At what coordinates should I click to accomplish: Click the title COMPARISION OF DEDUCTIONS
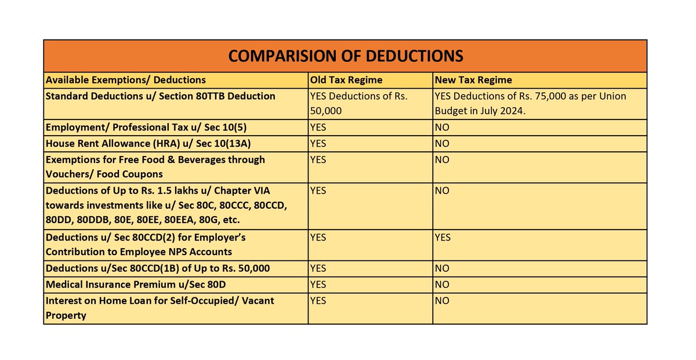coord(346,56)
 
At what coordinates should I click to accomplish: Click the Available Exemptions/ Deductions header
coord(126,80)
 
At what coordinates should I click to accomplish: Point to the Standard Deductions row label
coord(160,96)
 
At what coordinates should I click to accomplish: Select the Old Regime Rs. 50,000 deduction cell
coord(359,103)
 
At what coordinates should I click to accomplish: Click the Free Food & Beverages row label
coord(155,167)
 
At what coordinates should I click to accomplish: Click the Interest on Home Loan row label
coord(159,308)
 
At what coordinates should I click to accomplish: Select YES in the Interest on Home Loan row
coord(318,300)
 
